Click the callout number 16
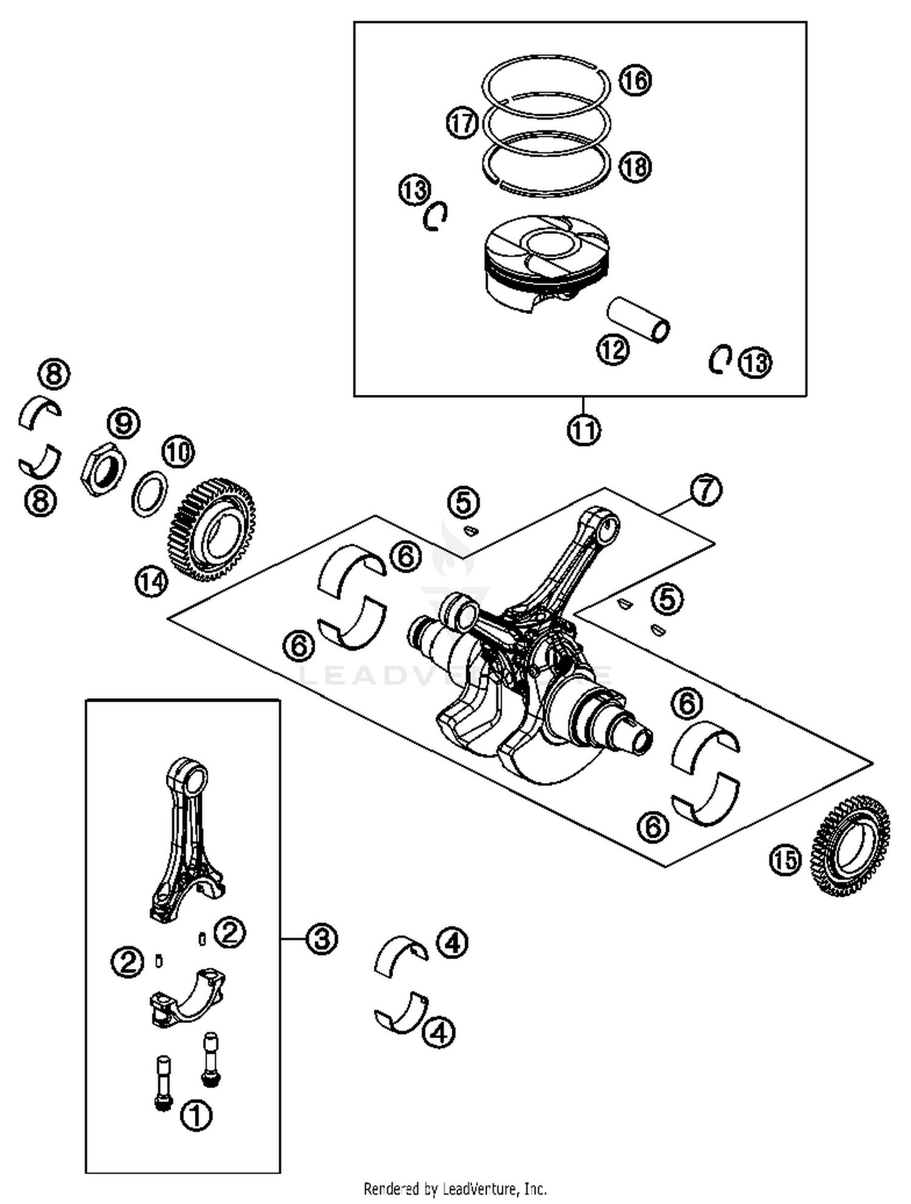pyautogui.click(x=635, y=80)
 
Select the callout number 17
pyautogui.click(x=462, y=123)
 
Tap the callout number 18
pyautogui.click(x=635, y=166)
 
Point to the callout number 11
pyautogui.click(x=584, y=430)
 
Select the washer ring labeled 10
pyautogui.click(x=150, y=493)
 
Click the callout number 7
pyautogui.click(x=705, y=490)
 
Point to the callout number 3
pyautogui.click(x=321, y=939)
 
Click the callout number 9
pyautogui.click(x=123, y=423)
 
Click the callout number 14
pyautogui.click(x=151, y=581)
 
